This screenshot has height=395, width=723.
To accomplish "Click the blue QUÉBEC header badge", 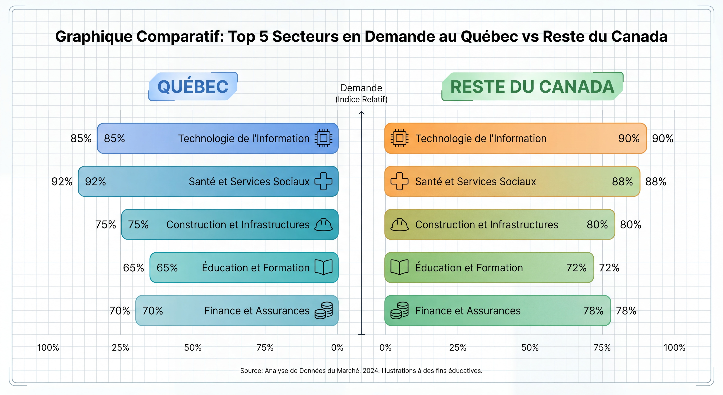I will coord(193,87).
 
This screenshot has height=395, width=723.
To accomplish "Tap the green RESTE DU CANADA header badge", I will coord(532,87).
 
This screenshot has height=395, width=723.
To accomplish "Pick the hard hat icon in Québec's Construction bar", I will coord(323,225).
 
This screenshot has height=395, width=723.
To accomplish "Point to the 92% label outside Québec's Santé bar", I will coord(62,182).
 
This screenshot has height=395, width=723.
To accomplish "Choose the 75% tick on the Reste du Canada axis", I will coord(602,347).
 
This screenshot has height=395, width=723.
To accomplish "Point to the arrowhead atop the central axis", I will coord(362,113).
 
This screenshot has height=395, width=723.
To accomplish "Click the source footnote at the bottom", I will coord(361,371).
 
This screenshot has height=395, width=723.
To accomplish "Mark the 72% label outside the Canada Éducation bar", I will coord(609,268).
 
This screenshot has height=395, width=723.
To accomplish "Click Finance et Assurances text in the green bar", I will coord(468,311).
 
